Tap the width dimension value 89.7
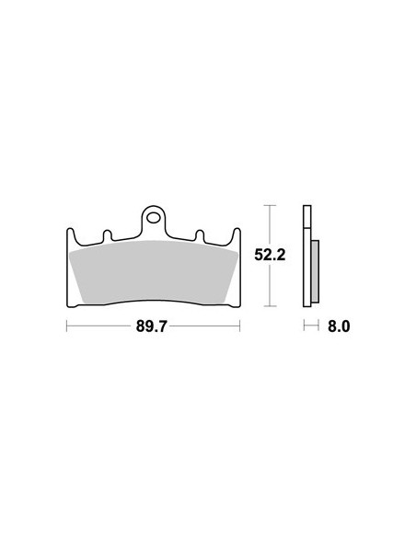153,326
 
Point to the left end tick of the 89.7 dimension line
67,325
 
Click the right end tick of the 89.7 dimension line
239,325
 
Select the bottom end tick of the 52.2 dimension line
268,305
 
